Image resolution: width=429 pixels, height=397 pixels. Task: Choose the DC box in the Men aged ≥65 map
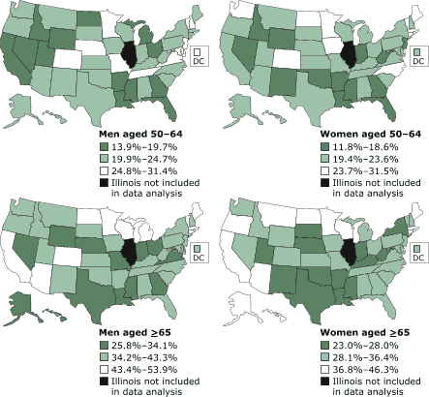(197, 256)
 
